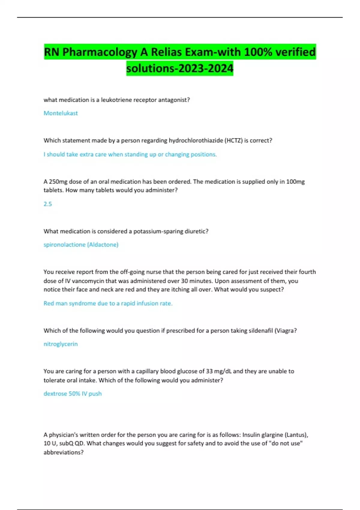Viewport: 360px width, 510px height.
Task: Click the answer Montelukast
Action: (61, 113)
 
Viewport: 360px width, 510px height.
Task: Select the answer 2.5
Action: (48, 204)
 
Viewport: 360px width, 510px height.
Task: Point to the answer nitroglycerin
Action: (61, 344)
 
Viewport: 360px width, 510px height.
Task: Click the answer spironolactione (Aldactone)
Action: (81, 244)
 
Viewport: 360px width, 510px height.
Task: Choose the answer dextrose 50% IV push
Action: (73, 394)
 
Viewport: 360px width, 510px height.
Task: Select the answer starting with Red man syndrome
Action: (108, 303)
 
